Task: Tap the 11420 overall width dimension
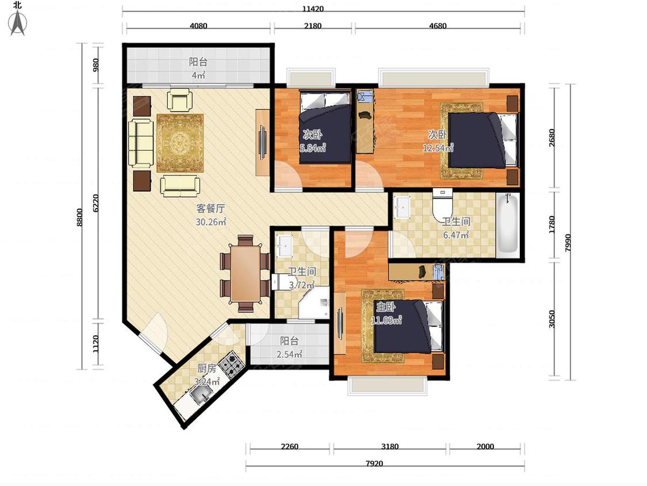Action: [x=313, y=8]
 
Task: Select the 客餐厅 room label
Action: [x=210, y=208]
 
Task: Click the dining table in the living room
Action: [x=245, y=273]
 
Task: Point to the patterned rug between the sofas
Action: [x=181, y=143]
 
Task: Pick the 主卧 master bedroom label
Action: [x=386, y=306]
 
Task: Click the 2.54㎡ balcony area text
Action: [x=290, y=354]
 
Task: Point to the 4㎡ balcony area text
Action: [x=198, y=75]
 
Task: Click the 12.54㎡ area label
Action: [x=438, y=147]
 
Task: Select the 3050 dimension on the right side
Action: [x=552, y=319]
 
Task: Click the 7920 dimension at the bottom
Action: [x=374, y=464]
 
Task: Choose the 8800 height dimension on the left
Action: [x=79, y=217]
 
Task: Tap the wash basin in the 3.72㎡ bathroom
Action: [x=284, y=245]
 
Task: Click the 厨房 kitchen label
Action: [x=206, y=368]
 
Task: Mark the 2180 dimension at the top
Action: [x=313, y=25]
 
